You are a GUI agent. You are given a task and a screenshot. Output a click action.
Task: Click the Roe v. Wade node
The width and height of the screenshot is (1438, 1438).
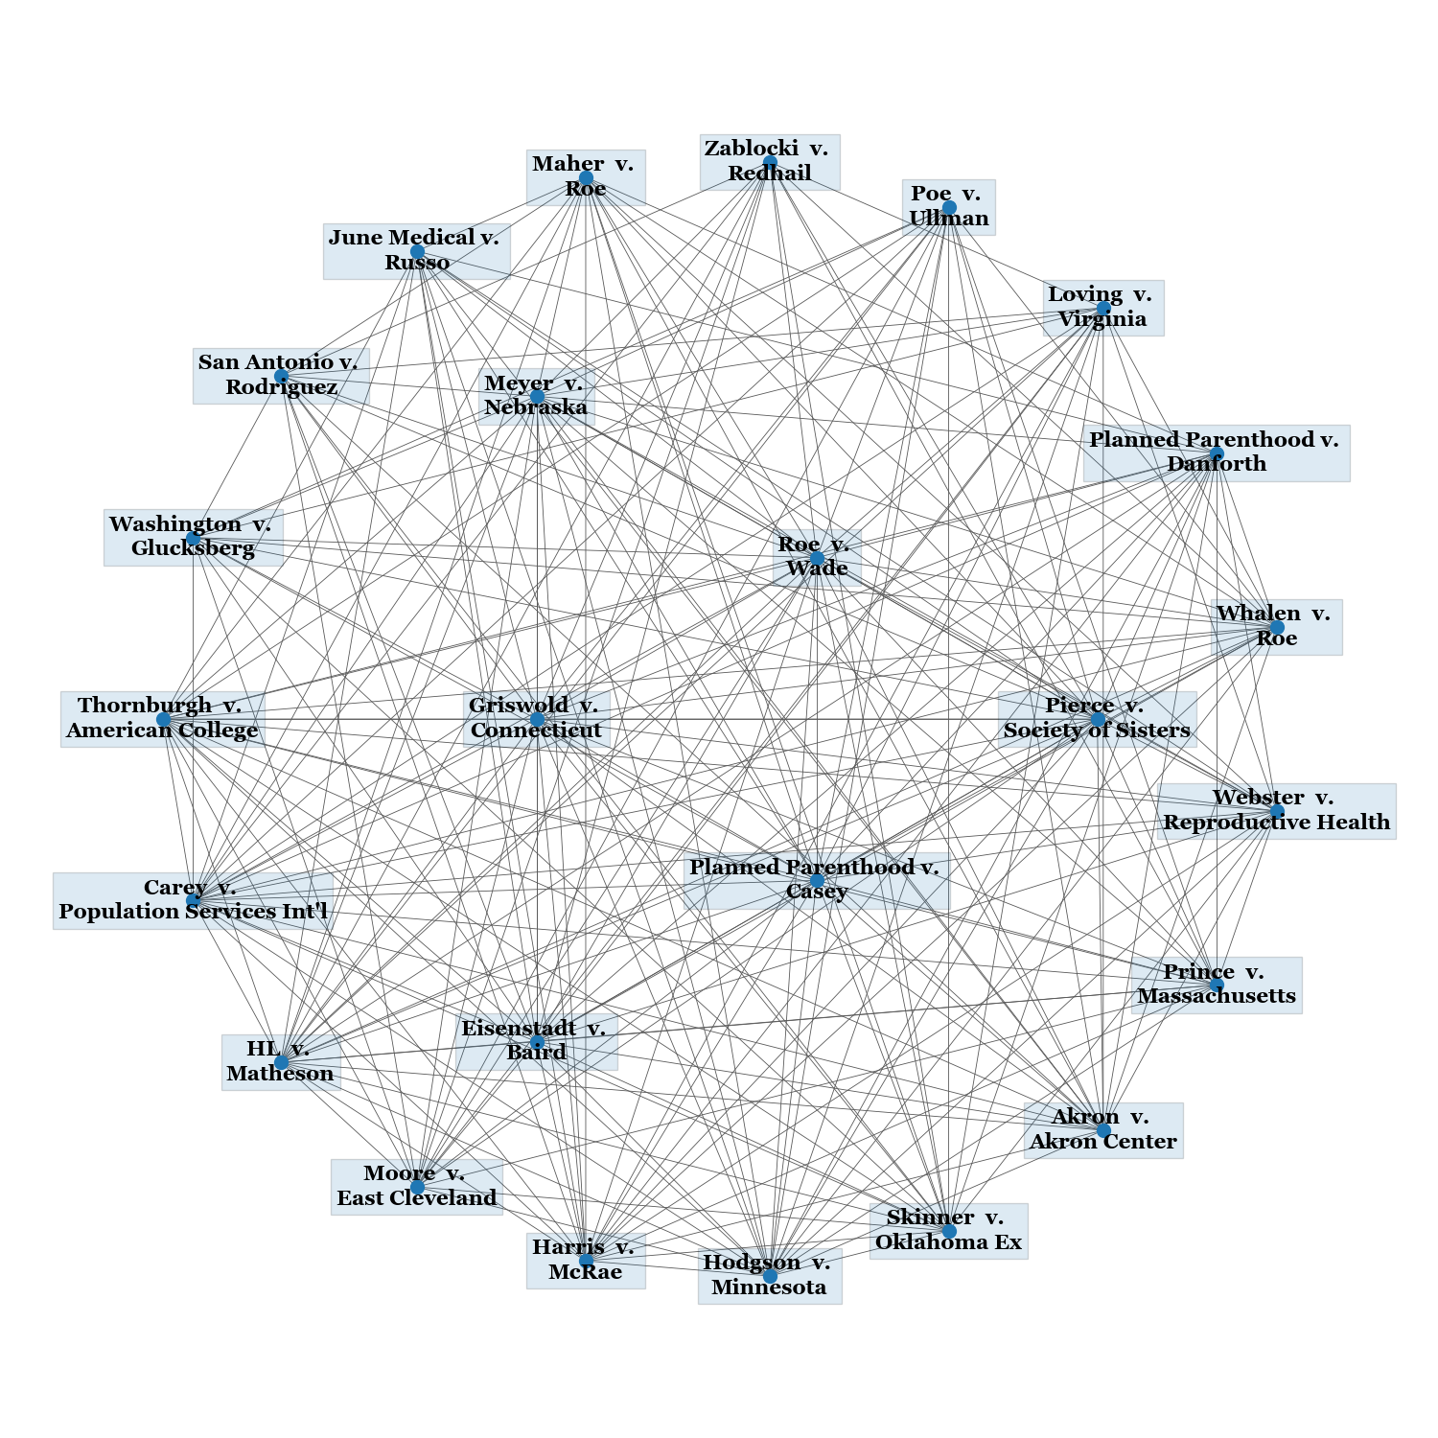[817, 557]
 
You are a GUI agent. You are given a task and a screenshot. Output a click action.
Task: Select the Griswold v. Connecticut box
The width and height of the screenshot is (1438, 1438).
[536, 718]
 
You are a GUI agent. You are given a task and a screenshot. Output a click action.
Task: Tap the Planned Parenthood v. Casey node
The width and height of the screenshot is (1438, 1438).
[817, 880]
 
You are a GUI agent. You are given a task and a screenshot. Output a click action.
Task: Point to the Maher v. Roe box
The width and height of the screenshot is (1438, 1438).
[586, 177]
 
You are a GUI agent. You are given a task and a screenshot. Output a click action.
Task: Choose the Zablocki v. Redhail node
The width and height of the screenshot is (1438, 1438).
[770, 162]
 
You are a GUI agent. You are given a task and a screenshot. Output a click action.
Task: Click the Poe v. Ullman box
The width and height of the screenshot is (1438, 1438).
[948, 207]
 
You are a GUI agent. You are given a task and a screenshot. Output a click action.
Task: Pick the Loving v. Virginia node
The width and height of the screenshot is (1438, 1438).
[1103, 308]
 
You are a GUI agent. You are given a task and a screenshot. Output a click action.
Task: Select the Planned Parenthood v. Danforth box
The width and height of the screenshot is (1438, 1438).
[1217, 452]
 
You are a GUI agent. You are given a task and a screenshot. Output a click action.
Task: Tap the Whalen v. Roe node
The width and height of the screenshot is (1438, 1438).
[1276, 627]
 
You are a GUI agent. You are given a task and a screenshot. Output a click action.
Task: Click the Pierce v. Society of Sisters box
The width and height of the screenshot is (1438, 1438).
[1097, 718]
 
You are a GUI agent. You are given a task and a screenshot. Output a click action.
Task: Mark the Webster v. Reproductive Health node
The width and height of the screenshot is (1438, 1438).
[1276, 811]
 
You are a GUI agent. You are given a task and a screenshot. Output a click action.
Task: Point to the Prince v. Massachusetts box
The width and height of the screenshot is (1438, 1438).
[1217, 985]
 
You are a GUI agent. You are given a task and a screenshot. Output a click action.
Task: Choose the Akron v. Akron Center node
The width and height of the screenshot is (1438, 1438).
[1103, 1130]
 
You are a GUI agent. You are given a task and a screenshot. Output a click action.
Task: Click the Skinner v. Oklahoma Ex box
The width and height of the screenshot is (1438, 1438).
[948, 1231]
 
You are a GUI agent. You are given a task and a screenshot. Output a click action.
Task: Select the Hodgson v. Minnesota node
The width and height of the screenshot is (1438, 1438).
[770, 1276]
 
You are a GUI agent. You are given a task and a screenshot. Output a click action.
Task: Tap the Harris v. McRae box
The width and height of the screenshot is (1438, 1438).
[586, 1261]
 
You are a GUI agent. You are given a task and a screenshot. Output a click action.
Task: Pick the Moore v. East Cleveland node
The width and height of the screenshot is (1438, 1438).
[417, 1187]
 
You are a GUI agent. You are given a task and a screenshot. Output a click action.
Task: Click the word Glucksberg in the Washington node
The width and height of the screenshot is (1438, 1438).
[193, 549]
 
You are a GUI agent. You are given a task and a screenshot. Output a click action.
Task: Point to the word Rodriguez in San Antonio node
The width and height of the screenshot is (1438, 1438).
[281, 387]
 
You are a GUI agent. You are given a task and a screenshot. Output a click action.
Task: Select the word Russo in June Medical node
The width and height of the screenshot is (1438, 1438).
[417, 263]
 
